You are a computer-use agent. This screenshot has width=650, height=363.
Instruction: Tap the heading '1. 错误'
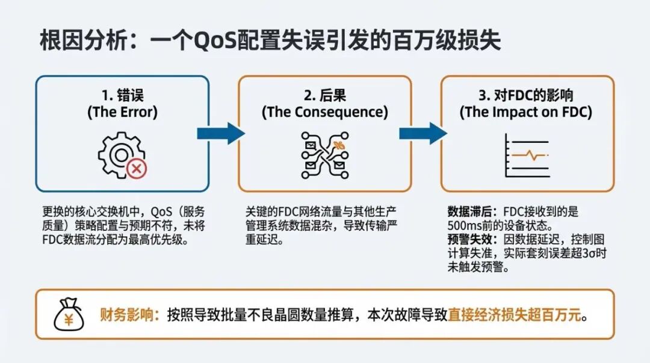122,95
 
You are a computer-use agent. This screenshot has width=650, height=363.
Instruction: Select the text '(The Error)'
122,112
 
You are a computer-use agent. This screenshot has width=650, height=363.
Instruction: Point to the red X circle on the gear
137,168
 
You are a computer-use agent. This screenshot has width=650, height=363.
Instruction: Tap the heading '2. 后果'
325,95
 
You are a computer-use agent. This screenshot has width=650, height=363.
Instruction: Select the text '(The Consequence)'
325,112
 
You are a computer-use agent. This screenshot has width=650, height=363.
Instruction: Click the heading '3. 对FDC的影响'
526,95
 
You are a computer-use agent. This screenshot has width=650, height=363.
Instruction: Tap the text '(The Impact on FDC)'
526,112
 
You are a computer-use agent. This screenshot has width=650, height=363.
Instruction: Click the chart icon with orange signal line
527,155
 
